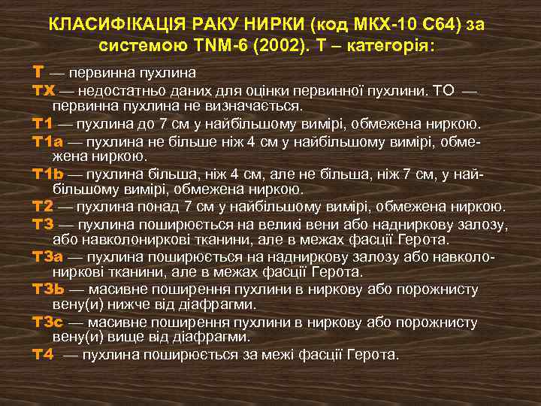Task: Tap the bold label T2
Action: point(43,207)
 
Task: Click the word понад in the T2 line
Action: point(130,207)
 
